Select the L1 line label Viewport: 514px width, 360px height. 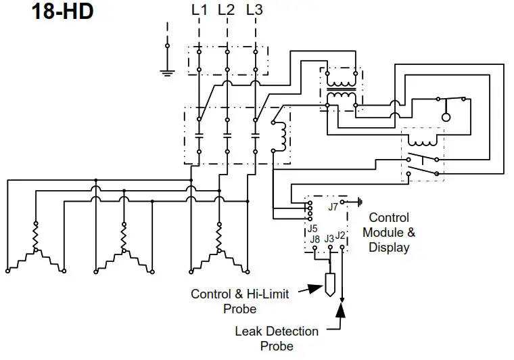pyautogui.click(x=200, y=11)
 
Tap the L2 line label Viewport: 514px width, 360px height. pyautogui.click(x=227, y=11)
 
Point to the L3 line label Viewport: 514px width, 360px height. pyautogui.click(x=255, y=11)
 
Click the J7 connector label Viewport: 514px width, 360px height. pyautogui.click(x=333, y=207)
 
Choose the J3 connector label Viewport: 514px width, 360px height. pyautogui.click(x=329, y=238)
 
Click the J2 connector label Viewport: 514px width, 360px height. pyautogui.click(x=342, y=235)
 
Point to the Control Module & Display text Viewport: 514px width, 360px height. pyautogui.click(x=389, y=232)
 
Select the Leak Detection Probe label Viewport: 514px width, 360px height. pyautogui.click(x=277, y=338)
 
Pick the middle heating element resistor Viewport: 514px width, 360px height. pyautogui.click(x=124, y=238)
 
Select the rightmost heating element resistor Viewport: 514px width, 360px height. pyautogui.click(x=218, y=238)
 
